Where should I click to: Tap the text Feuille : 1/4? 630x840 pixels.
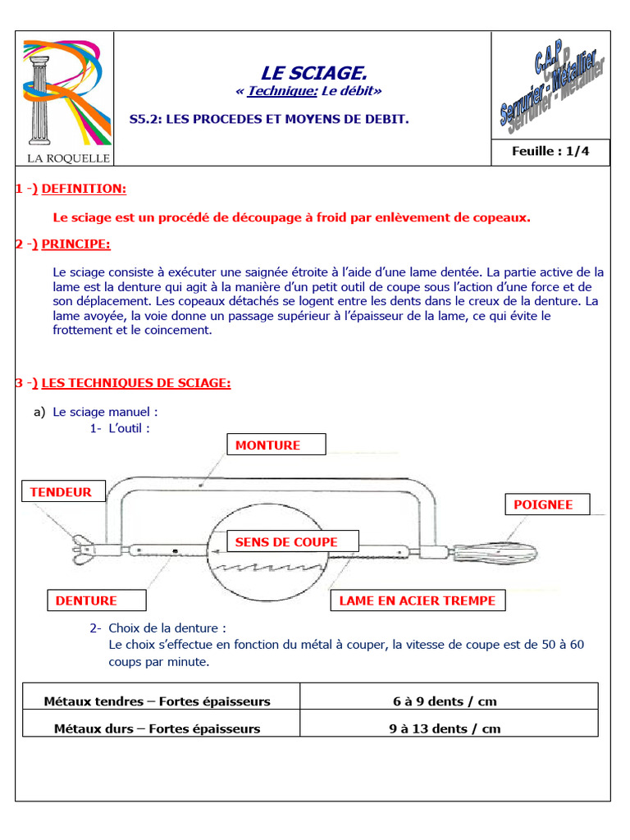(550, 151)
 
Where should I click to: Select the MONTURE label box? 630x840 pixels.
(276, 445)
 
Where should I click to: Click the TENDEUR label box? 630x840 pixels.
(61, 492)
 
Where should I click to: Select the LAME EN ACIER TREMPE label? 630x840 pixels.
(418, 600)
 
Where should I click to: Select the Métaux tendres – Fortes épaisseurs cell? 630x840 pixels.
(157, 701)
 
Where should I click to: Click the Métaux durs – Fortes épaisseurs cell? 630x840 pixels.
(157, 728)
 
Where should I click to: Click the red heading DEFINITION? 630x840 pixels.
(84, 189)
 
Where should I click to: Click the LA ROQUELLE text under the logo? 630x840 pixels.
(62, 157)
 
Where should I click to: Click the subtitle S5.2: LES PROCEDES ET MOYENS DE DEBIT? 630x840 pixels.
(269, 120)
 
